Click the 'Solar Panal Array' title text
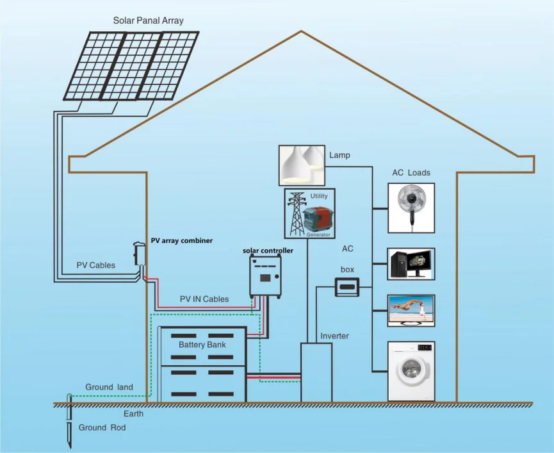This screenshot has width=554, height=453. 148,21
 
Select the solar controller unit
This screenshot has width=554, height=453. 266,276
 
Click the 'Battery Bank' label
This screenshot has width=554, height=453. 202,345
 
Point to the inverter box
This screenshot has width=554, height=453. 316,372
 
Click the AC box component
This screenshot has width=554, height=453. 346,287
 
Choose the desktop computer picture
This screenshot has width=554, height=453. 411,263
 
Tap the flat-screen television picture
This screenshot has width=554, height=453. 411,311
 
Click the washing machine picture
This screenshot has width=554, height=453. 411,371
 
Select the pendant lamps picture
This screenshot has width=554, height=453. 302,165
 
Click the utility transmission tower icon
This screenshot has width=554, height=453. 296,213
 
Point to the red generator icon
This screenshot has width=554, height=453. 318,220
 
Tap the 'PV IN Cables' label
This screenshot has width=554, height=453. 204,299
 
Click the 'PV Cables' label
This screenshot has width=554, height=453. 96,265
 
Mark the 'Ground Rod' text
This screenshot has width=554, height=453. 102,427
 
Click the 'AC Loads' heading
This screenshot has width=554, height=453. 411,173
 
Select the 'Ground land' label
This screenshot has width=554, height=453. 110,387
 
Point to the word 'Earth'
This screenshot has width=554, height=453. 133,414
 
